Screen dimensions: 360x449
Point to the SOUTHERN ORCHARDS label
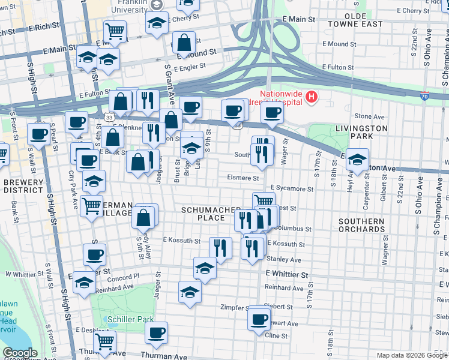click(x=361, y=226)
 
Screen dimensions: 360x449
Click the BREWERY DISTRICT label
click(x=23, y=186)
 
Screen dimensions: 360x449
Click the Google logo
click(x=20, y=353)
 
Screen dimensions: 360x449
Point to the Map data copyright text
click(x=411, y=355)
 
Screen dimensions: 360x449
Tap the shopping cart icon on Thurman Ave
click(x=105, y=341)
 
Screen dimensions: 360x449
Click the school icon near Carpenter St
click(x=357, y=160)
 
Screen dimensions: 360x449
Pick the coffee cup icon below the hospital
click(x=272, y=113)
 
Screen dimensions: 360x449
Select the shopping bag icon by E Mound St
click(x=184, y=43)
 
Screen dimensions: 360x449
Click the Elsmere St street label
click(x=243, y=178)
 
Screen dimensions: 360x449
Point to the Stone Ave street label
click(x=369, y=116)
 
